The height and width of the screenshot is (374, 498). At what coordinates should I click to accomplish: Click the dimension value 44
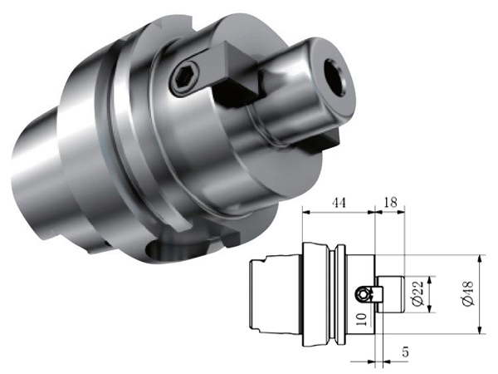click(x=339, y=203)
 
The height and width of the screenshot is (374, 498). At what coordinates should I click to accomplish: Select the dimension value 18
click(x=390, y=202)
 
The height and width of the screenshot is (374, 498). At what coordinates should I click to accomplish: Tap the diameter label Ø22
click(x=419, y=293)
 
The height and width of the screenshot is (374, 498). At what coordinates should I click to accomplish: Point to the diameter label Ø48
click(x=468, y=293)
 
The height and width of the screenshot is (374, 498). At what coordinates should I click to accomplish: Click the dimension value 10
click(x=362, y=319)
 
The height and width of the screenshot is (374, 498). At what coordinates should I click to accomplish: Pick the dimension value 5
click(x=405, y=352)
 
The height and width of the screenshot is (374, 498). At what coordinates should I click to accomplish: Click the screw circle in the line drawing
click(x=362, y=294)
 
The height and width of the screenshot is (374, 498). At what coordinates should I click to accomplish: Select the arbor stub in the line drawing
click(x=390, y=294)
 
